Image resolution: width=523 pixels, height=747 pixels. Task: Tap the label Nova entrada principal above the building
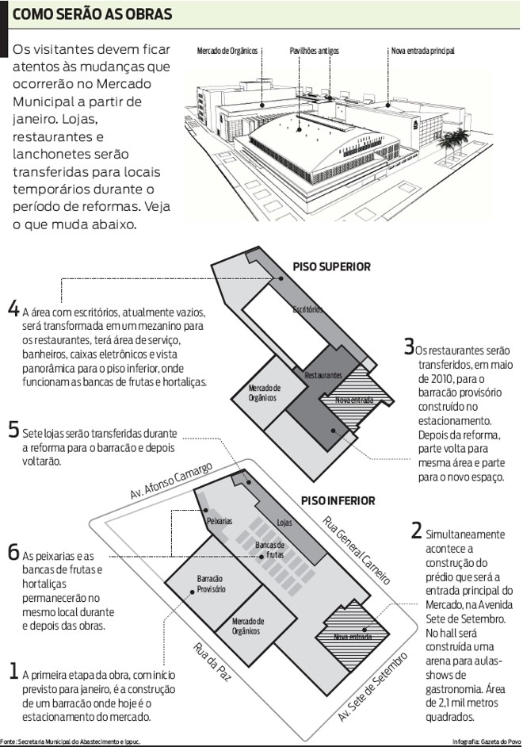click(422, 52)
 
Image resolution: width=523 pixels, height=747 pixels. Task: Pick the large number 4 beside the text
click(13, 309)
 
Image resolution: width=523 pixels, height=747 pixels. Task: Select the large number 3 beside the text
click(408, 346)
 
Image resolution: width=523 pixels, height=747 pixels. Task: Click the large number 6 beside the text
click(13, 553)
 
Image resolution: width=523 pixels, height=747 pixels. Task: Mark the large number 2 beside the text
click(416, 531)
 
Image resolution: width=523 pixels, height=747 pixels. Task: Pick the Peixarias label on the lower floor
click(219, 521)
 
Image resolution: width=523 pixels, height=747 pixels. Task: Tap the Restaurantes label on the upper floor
click(323, 373)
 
